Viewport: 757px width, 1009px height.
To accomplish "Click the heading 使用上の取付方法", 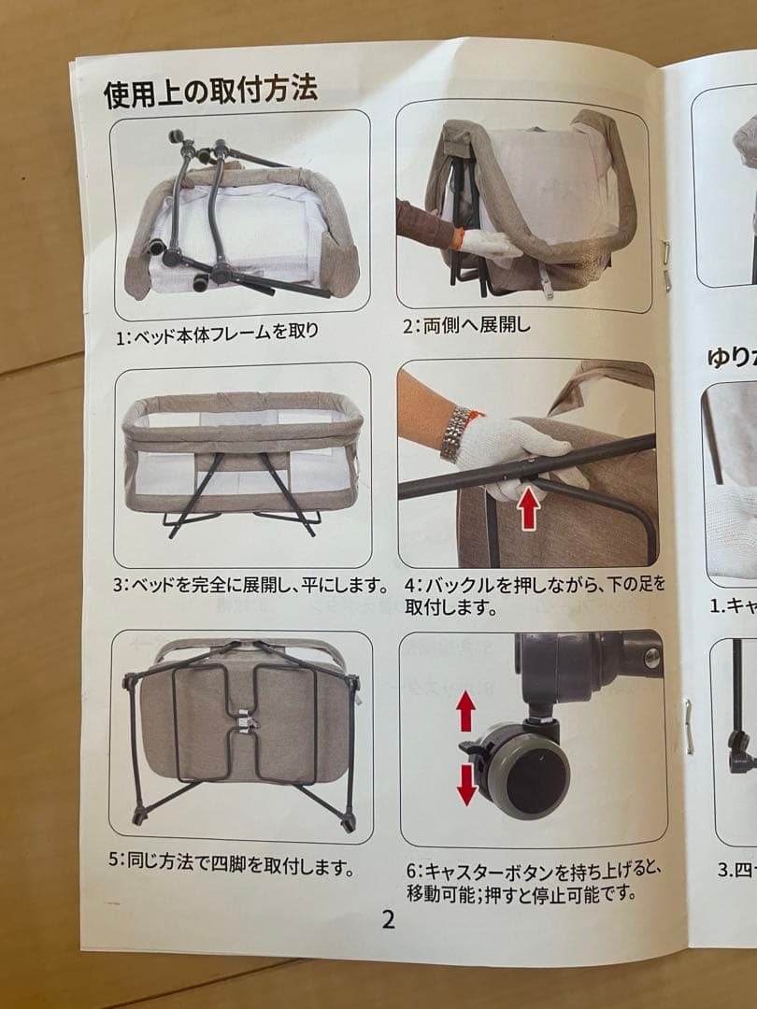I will tap(211, 92).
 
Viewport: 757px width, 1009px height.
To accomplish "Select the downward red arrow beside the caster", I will tap(466, 783).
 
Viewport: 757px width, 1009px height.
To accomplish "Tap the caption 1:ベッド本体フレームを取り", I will tap(218, 333).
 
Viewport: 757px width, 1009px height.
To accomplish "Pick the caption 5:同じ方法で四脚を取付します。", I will tap(231, 863).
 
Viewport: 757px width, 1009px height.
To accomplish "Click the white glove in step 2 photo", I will tap(490, 245).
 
